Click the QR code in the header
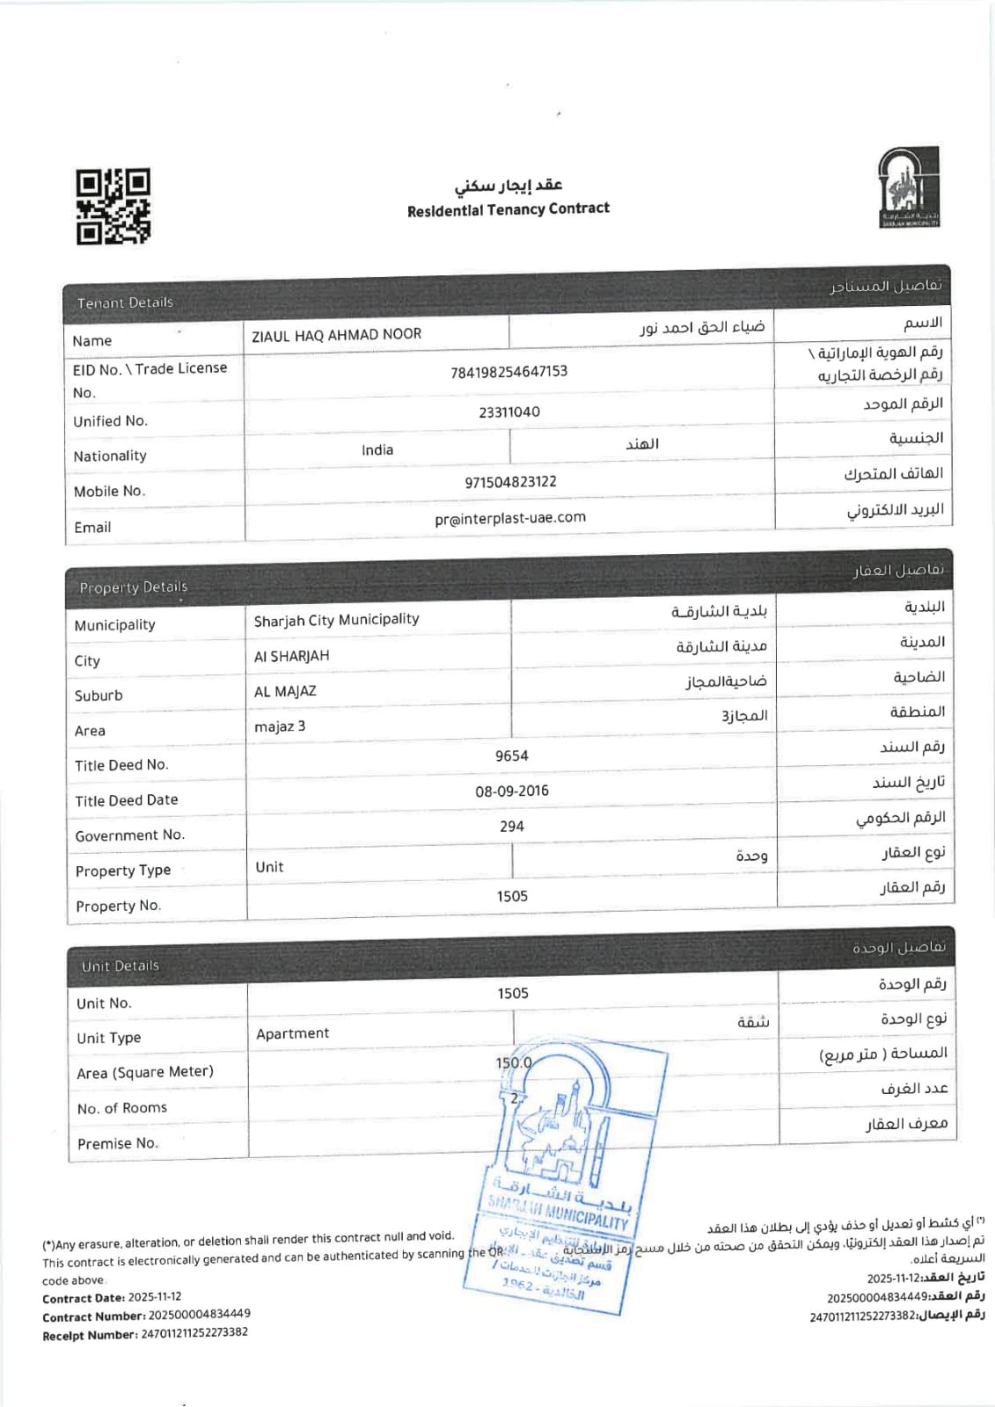click(x=113, y=207)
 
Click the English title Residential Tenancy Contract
click(x=508, y=209)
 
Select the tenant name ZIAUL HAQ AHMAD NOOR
click(x=336, y=334)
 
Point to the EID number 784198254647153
click(x=508, y=371)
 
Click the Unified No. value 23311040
click(x=508, y=412)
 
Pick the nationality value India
click(x=377, y=449)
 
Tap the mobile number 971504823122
click(x=510, y=482)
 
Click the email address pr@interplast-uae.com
click(x=509, y=518)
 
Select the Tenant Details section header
click(x=125, y=303)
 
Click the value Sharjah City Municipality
click(x=336, y=620)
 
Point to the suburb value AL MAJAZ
click(x=284, y=691)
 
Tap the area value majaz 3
click(x=280, y=726)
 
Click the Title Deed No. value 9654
click(x=511, y=756)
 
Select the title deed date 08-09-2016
click(x=511, y=791)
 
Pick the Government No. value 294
click(x=511, y=826)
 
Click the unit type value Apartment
click(x=292, y=1033)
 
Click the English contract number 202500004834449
click(x=199, y=1314)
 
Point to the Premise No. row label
click(x=117, y=1143)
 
